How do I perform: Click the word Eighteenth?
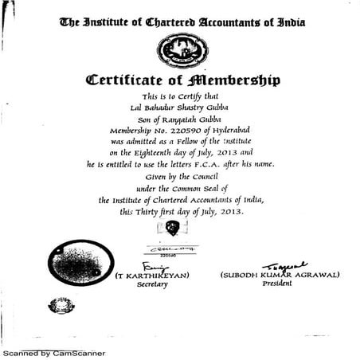[158, 149]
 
